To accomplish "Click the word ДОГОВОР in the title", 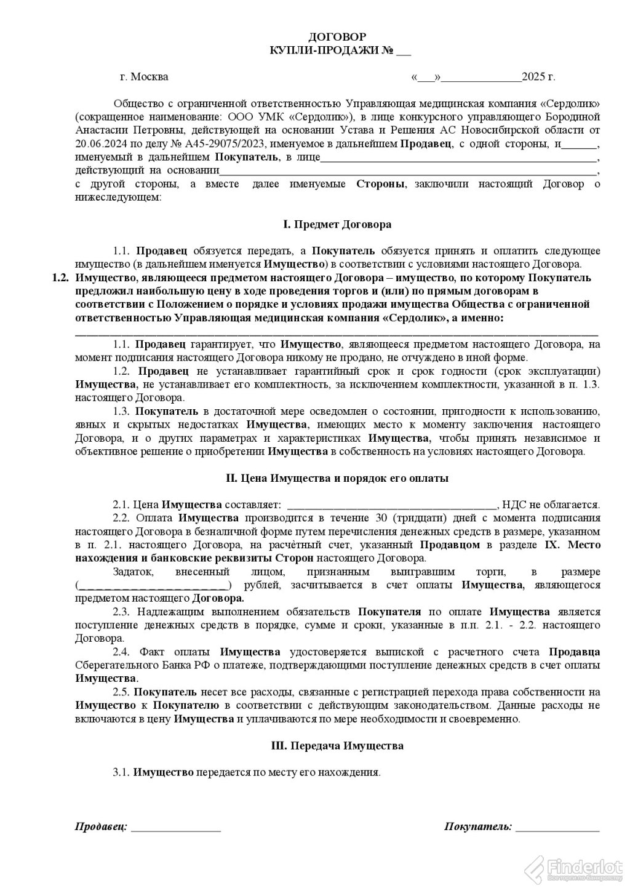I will pyautogui.click(x=337, y=37).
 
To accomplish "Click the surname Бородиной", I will pyautogui.click(x=571, y=116).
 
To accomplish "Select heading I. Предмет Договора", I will pyautogui.click(x=337, y=224).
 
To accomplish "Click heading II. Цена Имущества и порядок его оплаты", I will pyautogui.click(x=337, y=477).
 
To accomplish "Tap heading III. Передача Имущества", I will pyautogui.click(x=337, y=746).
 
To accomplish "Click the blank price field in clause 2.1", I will pyautogui.click(x=391, y=505).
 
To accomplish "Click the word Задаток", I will pyautogui.click(x=131, y=572).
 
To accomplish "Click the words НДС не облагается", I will pyautogui.click(x=551, y=505).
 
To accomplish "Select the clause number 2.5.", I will pyautogui.click(x=121, y=692).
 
